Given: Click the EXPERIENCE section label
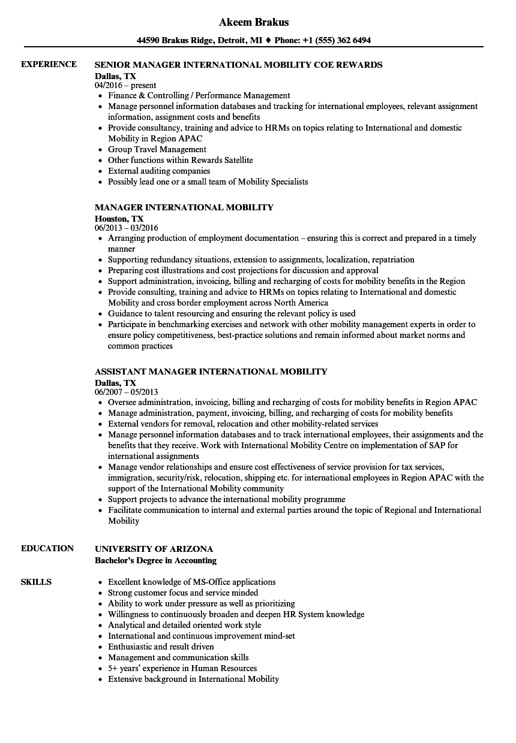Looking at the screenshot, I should point(49,64).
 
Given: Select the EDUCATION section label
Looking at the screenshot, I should point(47,548).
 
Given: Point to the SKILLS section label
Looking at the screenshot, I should point(36,582).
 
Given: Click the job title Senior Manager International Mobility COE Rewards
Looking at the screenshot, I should point(238,65).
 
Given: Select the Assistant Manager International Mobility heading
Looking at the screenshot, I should point(211,371).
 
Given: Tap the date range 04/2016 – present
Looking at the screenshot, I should point(125,85).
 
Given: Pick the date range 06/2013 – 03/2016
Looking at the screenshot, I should point(127,228).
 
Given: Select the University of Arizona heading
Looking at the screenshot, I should point(154,549).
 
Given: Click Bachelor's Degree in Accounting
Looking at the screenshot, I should point(155,561).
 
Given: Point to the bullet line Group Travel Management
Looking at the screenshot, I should point(157,149).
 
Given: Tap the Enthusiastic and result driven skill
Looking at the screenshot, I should point(161,647).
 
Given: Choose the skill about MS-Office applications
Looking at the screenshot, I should point(191,582).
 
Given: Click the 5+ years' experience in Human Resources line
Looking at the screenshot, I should point(182,668).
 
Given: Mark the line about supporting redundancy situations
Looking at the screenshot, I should point(261,259).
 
